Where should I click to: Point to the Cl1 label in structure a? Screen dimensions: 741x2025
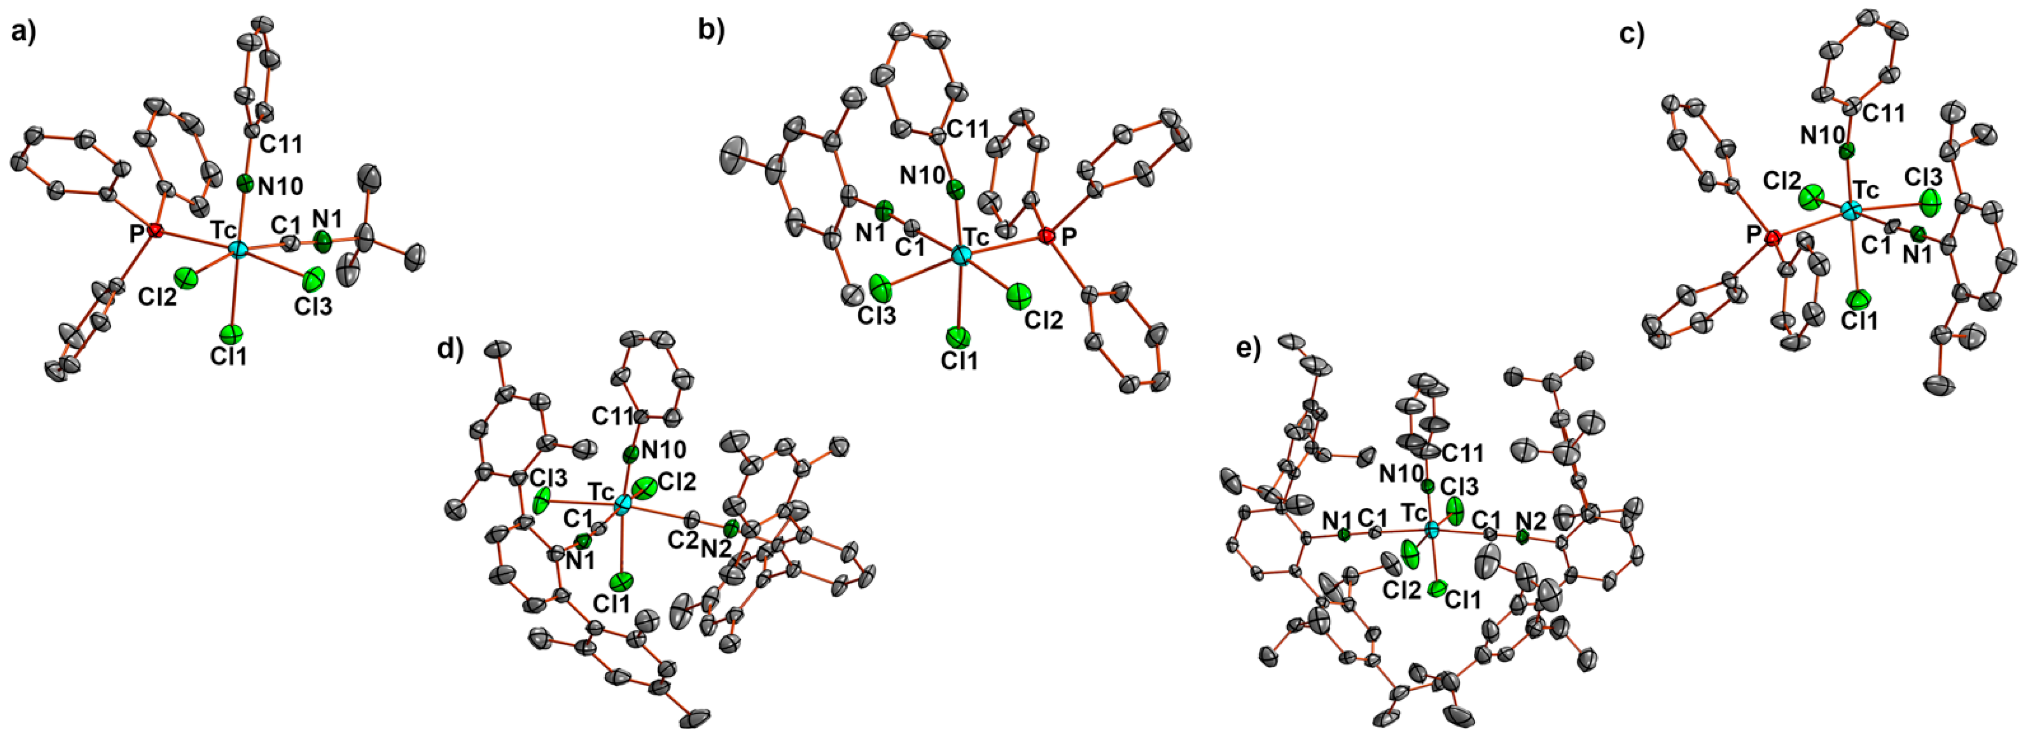click(229, 357)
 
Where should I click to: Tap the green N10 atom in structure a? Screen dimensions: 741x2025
click(245, 184)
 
